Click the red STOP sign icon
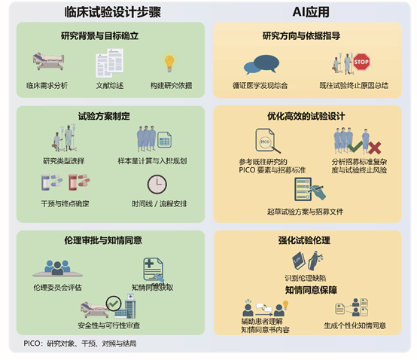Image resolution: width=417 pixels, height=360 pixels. tap(361, 62)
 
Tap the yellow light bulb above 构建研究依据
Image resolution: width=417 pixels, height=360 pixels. tap(169, 63)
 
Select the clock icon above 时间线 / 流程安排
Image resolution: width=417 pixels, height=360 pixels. tap(157, 184)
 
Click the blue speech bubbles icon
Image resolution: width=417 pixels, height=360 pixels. tap(261, 65)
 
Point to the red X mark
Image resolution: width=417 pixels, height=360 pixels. tap(374, 148)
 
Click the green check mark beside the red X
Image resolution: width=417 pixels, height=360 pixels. tap(355, 146)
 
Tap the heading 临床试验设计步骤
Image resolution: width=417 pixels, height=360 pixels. tap(112, 12)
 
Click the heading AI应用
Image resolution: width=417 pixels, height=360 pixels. tap(311, 12)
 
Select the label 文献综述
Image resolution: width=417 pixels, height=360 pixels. tap(110, 85)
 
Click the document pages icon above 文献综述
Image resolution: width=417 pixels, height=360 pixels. tap(110, 63)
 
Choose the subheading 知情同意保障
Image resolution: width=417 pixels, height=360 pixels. tap(311, 290)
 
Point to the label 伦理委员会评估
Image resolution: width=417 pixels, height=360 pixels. tap(57, 288)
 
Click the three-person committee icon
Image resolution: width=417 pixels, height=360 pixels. tap(57, 268)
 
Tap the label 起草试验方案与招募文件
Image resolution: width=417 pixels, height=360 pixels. tap(305, 212)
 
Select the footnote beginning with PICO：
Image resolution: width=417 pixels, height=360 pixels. tap(80, 343)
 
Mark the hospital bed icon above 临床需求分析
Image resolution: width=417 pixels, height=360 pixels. tap(48, 62)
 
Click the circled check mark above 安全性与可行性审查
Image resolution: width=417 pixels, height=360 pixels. tap(114, 304)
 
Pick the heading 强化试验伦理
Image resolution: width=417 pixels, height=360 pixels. tap(304, 240)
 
